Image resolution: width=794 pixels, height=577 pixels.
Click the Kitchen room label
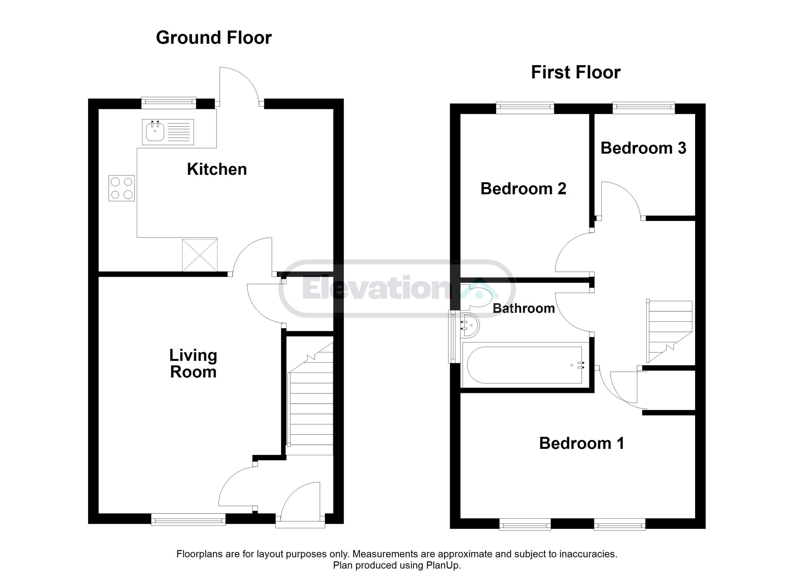click(x=217, y=169)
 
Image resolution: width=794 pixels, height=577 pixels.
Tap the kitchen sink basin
click(x=155, y=132)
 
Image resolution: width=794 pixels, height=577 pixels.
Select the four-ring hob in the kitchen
click(x=122, y=188)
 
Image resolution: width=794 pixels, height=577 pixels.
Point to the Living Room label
click(x=193, y=364)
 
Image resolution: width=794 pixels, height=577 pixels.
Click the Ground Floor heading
click(x=214, y=37)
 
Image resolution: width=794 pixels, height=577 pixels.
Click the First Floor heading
click(x=576, y=73)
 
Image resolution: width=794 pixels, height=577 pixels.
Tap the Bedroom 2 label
click(x=523, y=189)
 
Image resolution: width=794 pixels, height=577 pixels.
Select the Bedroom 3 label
click(x=643, y=148)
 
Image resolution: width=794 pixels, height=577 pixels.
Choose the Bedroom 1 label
click(x=582, y=443)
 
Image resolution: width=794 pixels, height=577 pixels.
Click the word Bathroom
click(x=524, y=308)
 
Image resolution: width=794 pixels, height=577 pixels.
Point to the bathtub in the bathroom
click(x=524, y=365)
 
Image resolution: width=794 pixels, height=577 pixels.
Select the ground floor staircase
click(x=310, y=399)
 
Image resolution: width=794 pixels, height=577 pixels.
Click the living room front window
click(x=188, y=519)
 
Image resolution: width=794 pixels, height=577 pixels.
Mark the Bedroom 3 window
click(x=644, y=107)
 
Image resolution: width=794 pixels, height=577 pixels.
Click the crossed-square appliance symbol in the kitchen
click(x=199, y=255)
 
